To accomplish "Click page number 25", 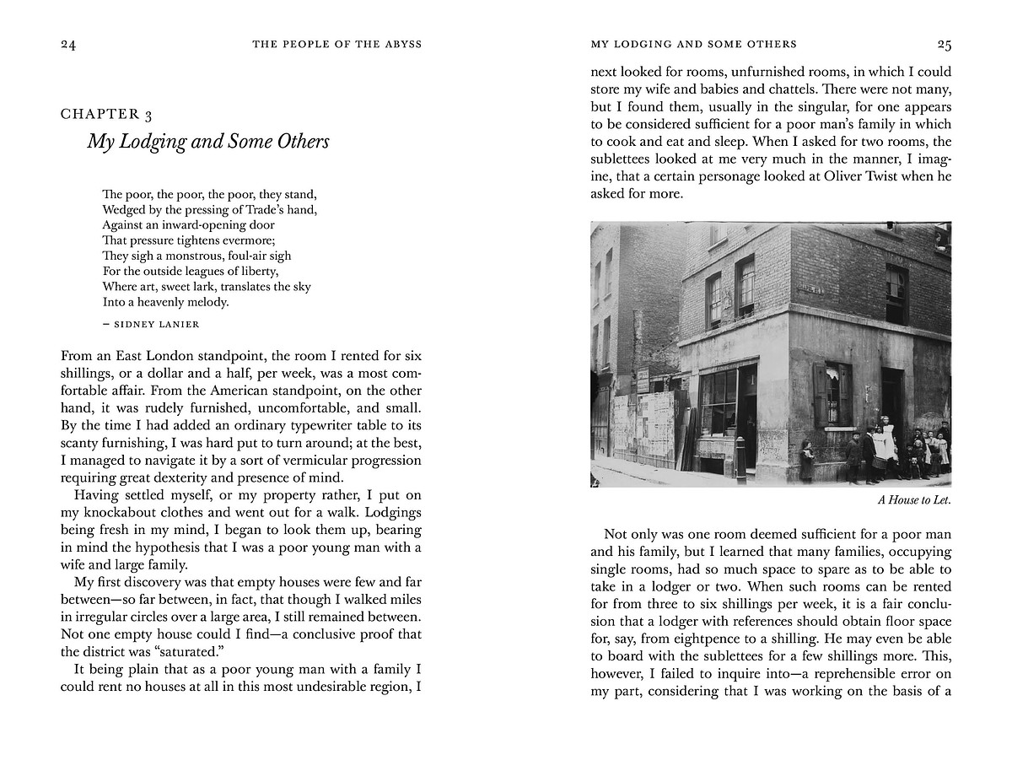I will (x=944, y=44).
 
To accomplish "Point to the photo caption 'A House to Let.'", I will (x=914, y=500).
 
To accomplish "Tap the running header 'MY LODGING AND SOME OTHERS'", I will (x=693, y=44).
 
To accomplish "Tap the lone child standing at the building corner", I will (x=807, y=461).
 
